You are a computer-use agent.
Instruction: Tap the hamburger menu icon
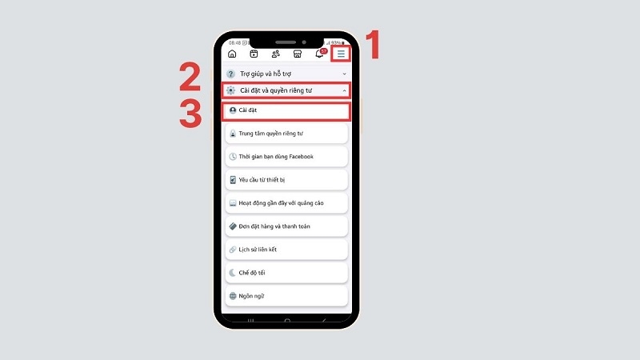[x=341, y=54]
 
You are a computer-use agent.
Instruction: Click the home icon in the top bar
[x=232, y=54]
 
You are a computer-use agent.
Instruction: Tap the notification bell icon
[x=319, y=54]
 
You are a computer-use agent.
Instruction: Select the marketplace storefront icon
[x=298, y=54]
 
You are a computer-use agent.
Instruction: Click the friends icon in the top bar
[x=275, y=54]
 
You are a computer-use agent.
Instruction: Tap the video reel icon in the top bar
[x=254, y=54]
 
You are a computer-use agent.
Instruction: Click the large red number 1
[x=373, y=45]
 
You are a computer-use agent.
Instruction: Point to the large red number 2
[x=190, y=76]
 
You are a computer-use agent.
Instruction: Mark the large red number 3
[x=190, y=114]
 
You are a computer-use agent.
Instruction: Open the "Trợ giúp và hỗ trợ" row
[x=286, y=74]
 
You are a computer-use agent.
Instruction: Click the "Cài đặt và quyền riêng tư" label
[x=276, y=90]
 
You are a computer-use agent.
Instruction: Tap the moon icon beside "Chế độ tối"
[x=232, y=273]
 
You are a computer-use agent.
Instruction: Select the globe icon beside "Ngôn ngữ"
[x=233, y=296]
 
